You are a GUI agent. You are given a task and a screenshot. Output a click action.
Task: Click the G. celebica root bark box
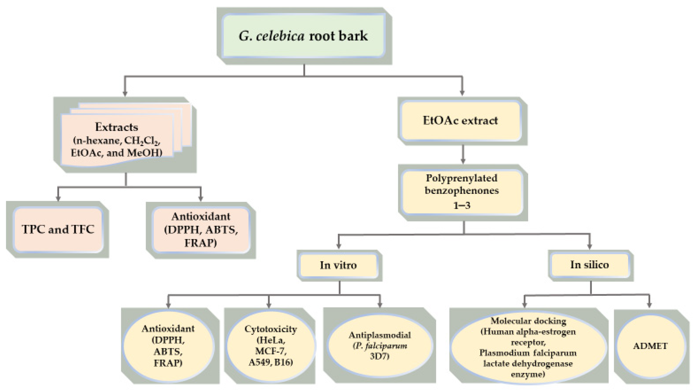(304, 36)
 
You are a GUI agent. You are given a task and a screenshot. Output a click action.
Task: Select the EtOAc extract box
(461, 121)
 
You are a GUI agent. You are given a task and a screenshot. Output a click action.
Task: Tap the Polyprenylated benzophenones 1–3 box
(462, 191)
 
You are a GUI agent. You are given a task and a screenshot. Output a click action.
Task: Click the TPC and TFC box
(58, 229)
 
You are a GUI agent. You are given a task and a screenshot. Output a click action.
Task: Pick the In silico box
(590, 265)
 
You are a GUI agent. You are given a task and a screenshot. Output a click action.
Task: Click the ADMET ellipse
(650, 346)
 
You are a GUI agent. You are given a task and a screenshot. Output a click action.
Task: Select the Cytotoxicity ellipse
(271, 346)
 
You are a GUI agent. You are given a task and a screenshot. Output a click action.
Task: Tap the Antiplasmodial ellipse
(380, 346)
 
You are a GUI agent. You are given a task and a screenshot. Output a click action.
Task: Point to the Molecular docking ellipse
(528, 347)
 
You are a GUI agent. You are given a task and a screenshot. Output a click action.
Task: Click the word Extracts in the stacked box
(117, 127)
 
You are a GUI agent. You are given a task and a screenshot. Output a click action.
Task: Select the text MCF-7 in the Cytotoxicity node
(271, 351)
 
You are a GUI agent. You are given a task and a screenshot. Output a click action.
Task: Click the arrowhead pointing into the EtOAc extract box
(462, 93)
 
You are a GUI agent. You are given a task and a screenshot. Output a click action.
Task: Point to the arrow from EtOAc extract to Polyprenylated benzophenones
(463, 155)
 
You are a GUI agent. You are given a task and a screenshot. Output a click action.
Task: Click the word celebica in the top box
(280, 36)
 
